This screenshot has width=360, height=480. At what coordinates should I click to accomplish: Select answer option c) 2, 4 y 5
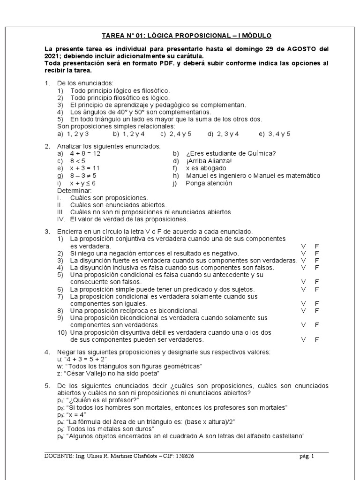[x=176, y=134]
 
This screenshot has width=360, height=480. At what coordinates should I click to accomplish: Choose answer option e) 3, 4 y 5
[x=275, y=134]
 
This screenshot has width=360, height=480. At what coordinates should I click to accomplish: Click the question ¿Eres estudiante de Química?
[x=231, y=153]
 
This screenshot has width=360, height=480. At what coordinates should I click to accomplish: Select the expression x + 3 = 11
[x=85, y=168]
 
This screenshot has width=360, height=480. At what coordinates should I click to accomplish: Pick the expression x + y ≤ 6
[x=83, y=183]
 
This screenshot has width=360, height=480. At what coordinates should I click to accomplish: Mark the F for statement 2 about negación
[x=317, y=253]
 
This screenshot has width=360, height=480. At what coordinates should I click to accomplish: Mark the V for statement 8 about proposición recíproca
[x=303, y=310]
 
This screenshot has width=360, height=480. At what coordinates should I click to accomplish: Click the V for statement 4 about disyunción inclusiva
[x=303, y=267]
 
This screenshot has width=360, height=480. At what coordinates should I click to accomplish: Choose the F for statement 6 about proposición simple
[x=317, y=289]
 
